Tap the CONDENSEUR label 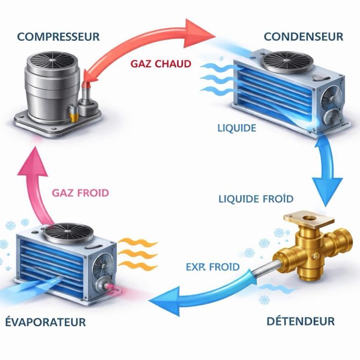click(x=303, y=36)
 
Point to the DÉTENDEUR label click(x=300, y=321)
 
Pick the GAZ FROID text click(x=81, y=193)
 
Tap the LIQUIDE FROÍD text click(x=256, y=199)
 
